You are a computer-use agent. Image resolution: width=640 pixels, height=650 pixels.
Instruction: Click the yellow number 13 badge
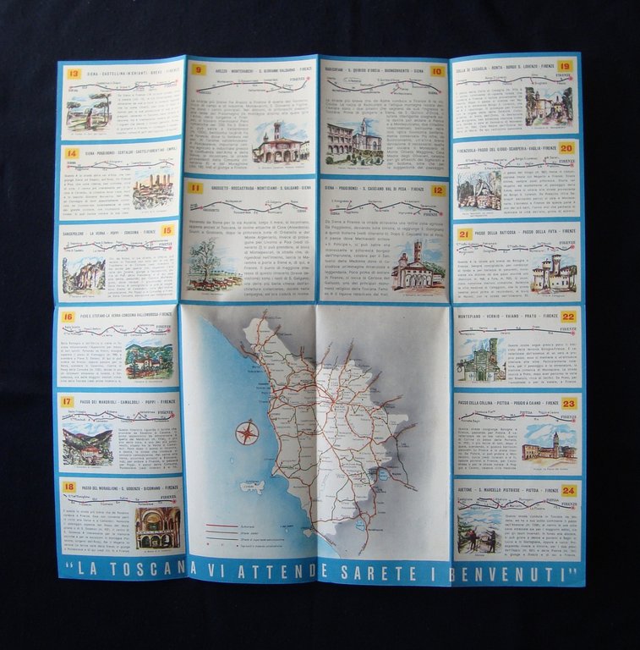74,74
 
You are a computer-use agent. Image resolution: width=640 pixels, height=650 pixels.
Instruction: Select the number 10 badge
437,71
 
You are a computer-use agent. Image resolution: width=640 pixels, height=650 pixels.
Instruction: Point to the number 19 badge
565,65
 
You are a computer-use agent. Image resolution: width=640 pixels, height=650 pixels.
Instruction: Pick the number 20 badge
566,147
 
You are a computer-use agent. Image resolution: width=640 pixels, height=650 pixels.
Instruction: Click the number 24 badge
569,490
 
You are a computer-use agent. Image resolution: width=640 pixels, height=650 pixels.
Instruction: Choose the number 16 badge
68,317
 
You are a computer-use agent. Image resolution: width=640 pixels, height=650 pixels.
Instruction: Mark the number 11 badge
195,188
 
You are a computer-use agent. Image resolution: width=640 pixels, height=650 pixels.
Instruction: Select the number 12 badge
437,190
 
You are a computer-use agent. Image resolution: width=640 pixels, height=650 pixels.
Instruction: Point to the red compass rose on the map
247,433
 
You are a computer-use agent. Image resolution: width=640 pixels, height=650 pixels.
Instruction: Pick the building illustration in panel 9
280,144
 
